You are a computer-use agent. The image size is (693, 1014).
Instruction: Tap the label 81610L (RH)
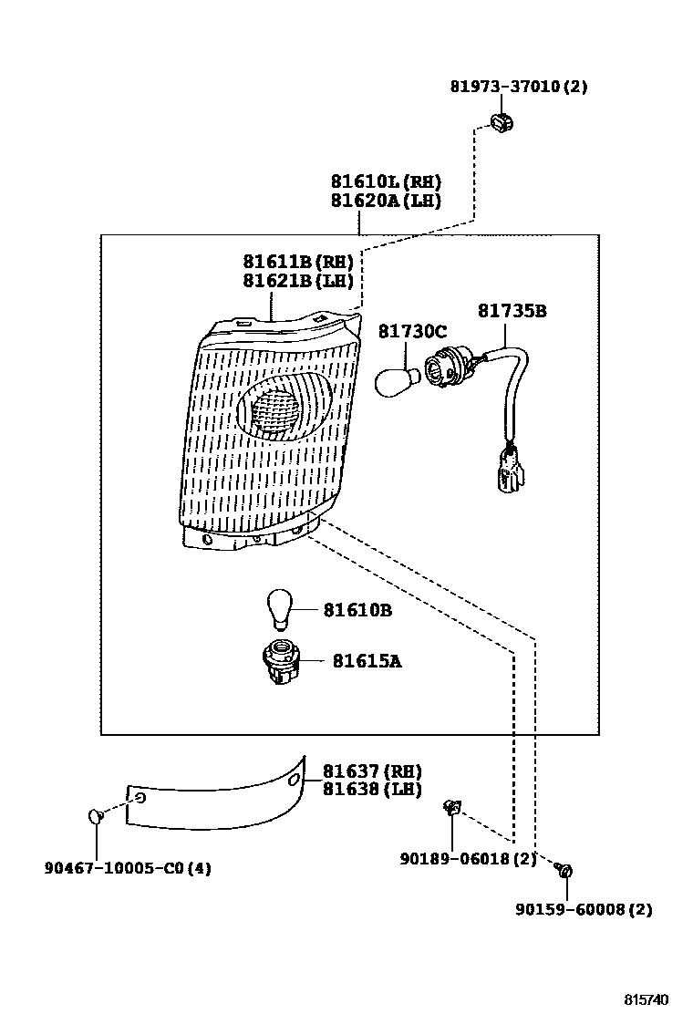[385, 181]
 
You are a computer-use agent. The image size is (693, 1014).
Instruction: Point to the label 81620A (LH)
[385, 200]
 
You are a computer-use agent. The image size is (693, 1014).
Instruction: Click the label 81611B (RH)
[297, 262]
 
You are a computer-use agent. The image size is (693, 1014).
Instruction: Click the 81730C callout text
[413, 331]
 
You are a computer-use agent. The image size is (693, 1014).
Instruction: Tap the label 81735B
[512, 311]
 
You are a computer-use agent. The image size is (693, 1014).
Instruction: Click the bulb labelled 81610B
[278, 609]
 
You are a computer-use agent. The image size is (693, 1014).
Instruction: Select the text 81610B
[357, 610]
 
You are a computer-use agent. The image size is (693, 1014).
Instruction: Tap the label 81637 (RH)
[372, 772]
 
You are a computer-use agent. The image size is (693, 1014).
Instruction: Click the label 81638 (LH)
[372, 790]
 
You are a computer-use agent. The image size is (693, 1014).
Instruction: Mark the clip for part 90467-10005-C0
[96, 815]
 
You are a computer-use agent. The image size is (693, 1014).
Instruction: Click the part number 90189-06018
[468, 858]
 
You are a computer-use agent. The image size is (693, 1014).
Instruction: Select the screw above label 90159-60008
[564, 871]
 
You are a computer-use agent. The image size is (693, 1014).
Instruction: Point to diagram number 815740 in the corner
[651, 1000]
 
